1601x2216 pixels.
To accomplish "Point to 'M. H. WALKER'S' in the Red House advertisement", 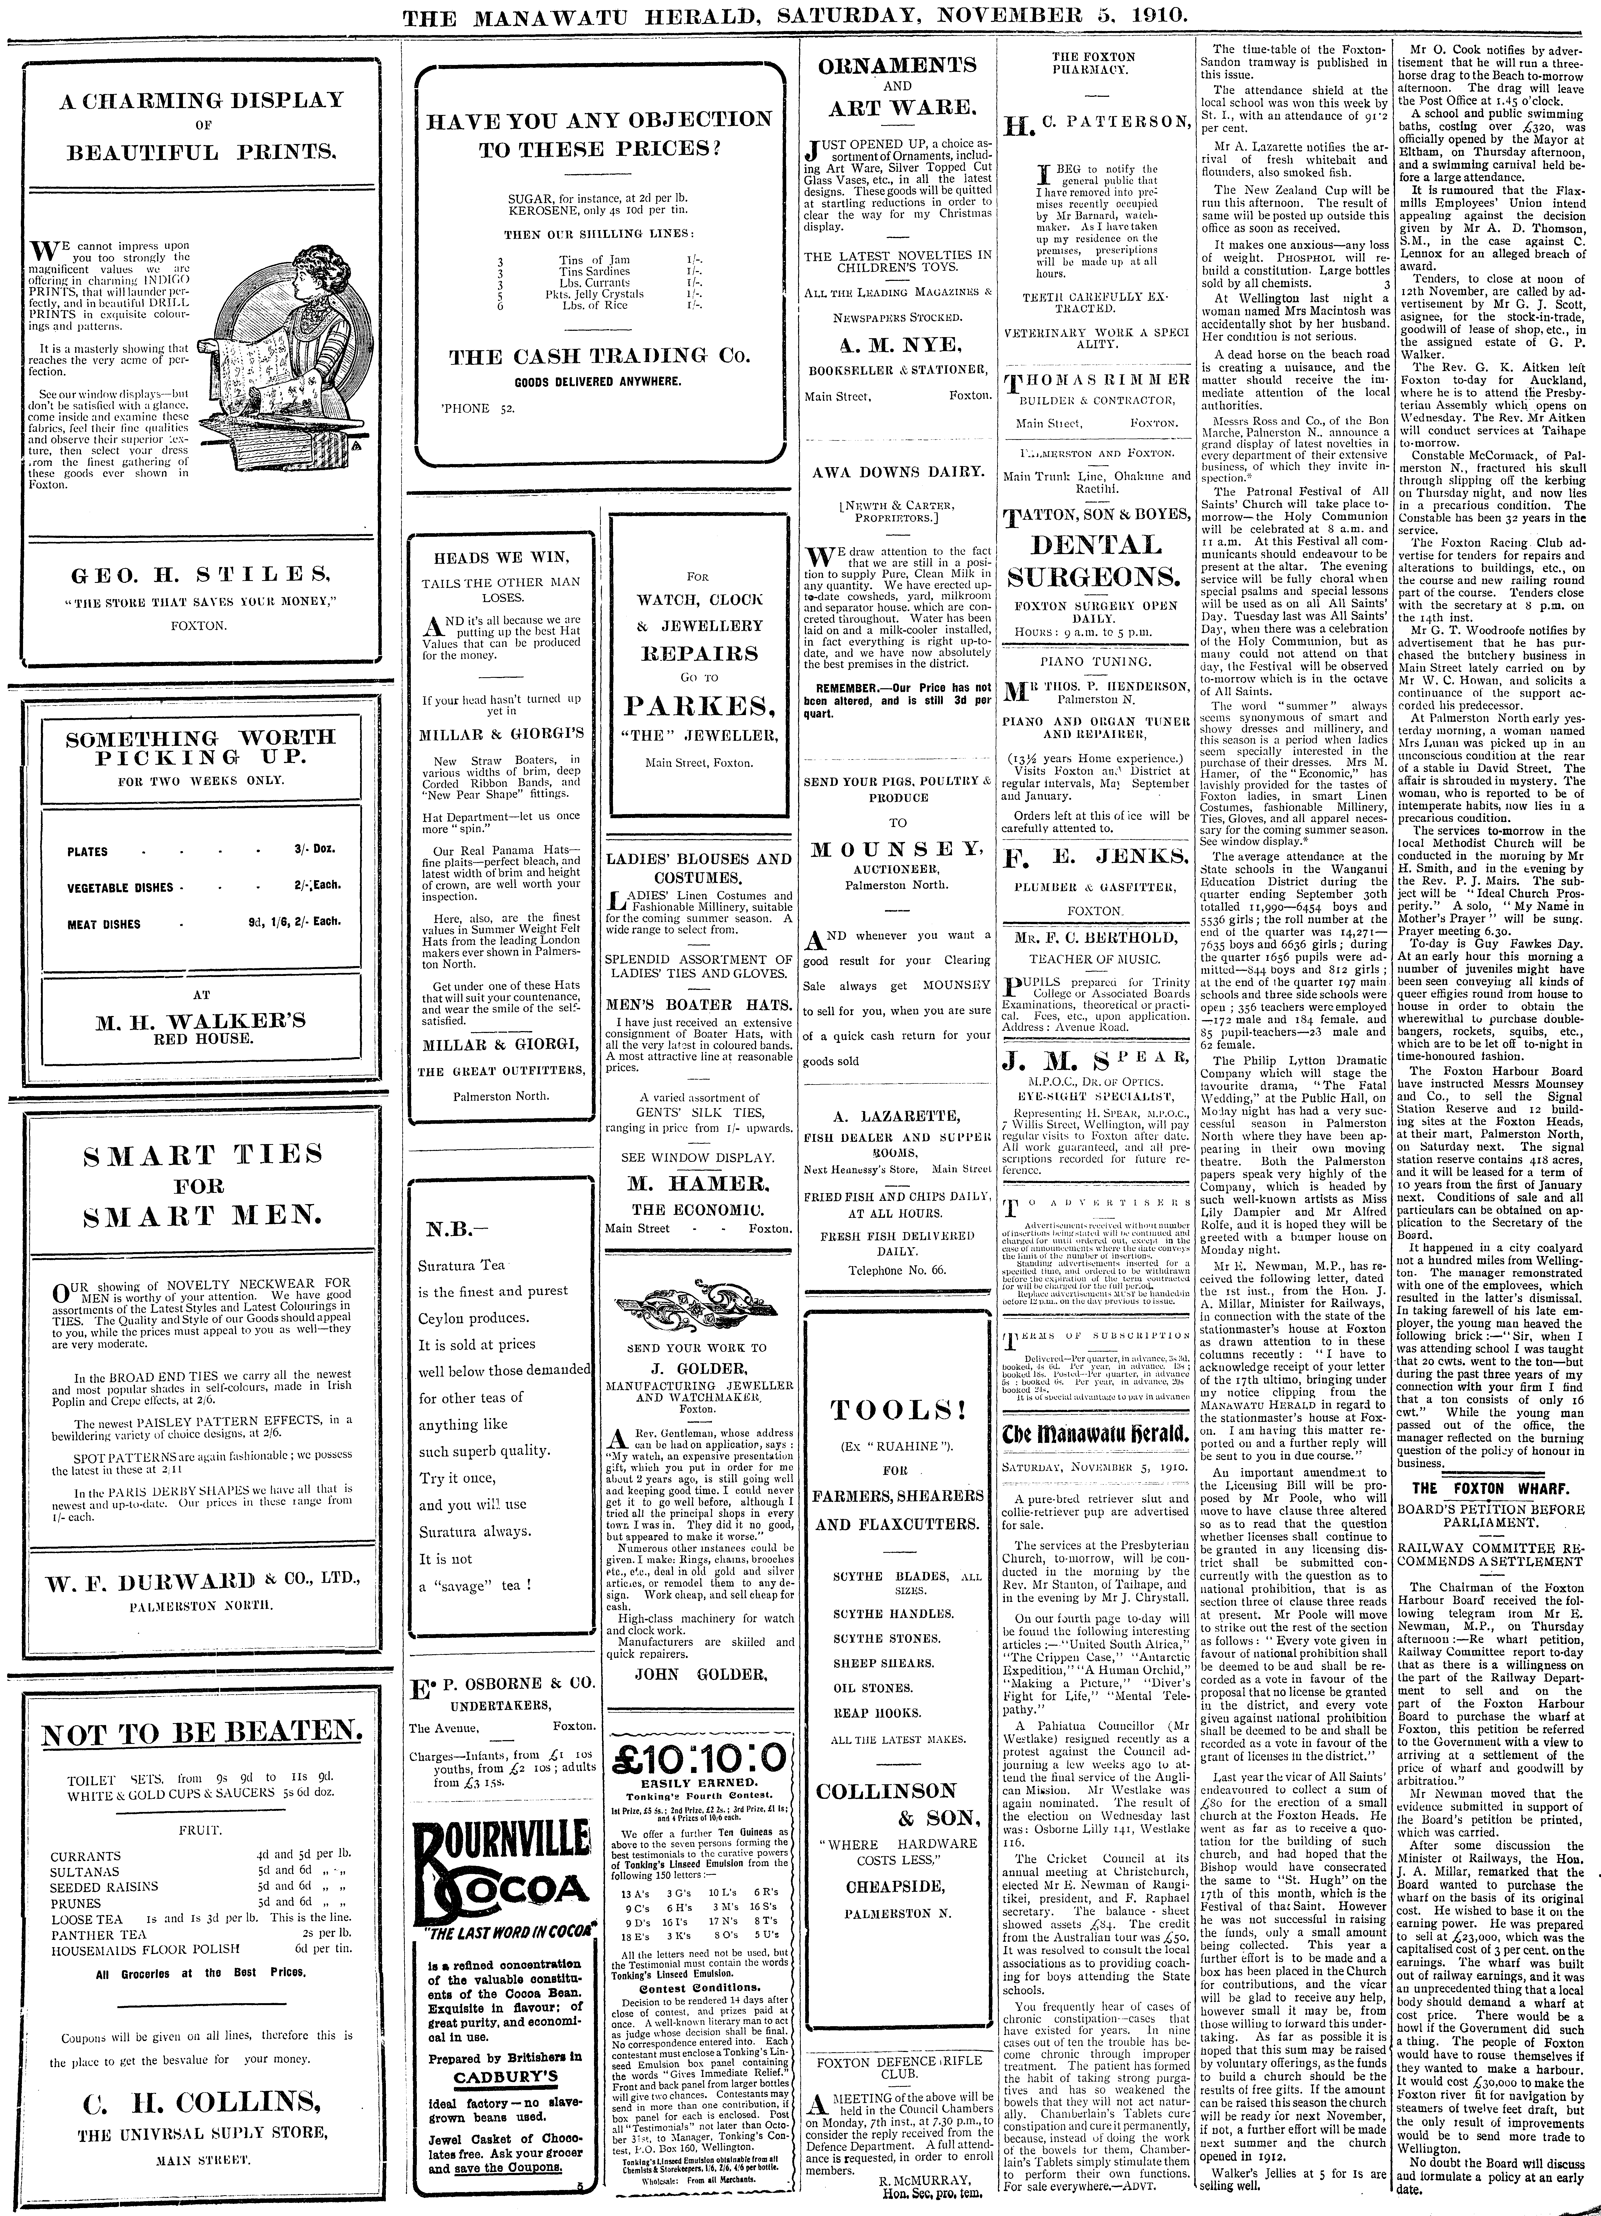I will [x=200, y=1021].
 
